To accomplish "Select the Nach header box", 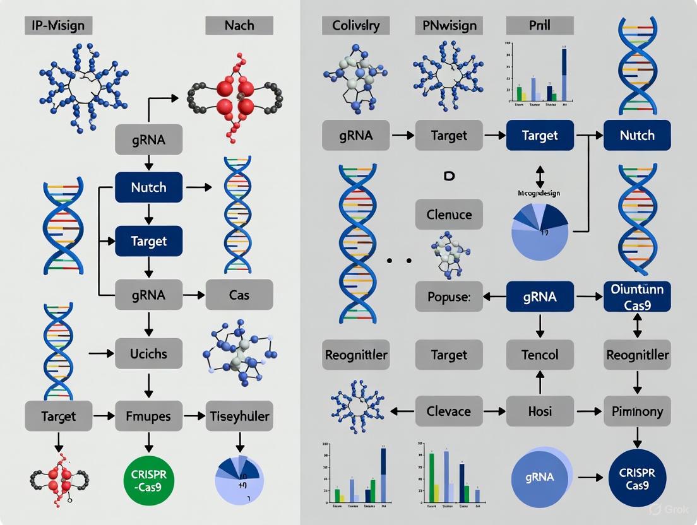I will tap(239, 26).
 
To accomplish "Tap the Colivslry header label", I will tap(356, 26).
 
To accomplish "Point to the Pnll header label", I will tap(540, 26).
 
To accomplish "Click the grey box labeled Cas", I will tap(239, 295).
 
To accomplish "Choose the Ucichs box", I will tap(149, 353).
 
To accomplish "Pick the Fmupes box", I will tap(149, 416).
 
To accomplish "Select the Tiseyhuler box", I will tap(239, 416).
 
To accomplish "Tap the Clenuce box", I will tap(449, 215).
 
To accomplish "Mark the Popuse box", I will tap(449, 297).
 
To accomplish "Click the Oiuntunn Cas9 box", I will tap(637, 297).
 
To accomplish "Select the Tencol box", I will tap(540, 354).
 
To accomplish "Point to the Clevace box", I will tap(449, 411).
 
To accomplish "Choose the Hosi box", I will tap(540, 411).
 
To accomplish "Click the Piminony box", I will tap(637, 411).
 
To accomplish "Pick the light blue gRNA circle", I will tap(540, 478).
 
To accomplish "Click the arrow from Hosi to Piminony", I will tap(588, 411).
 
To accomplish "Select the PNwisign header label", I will tap(449, 26).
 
